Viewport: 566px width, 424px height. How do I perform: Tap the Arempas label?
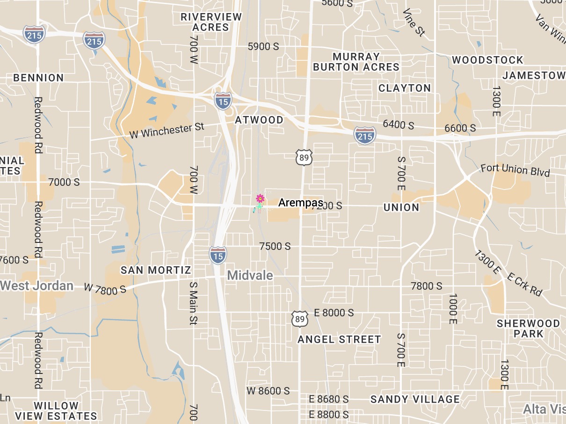pyautogui.click(x=300, y=203)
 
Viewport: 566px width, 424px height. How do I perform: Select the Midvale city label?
pyautogui.click(x=250, y=275)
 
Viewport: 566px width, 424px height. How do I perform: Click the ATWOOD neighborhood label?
pyautogui.click(x=259, y=120)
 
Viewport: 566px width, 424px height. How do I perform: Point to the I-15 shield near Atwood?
pyautogui.click(x=223, y=100)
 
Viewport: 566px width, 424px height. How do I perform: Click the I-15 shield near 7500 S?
pyautogui.click(x=218, y=255)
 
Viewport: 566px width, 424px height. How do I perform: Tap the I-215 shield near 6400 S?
pyautogui.click(x=365, y=135)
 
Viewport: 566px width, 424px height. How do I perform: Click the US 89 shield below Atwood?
pyautogui.click(x=304, y=157)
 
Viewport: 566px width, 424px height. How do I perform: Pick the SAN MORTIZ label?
pyautogui.click(x=156, y=270)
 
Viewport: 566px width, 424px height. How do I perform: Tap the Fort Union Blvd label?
pyautogui.click(x=515, y=170)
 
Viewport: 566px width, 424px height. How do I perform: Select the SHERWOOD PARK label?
pyautogui.click(x=528, y=329)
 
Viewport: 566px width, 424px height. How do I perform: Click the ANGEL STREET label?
pyautogui.click(x=339, y=339)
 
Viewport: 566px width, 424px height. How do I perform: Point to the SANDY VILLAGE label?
pyautogui.click(x=415, y=399)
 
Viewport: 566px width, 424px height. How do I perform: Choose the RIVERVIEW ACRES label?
pyautogui.click(x=211, y=22)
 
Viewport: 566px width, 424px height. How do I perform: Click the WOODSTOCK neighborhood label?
pyautogui.click(x=487, y=60)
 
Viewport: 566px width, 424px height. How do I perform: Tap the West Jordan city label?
pyautogui.click(x=37, y=285)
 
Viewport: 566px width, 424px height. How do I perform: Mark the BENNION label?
pyautogui.click(x=38, y=78)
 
